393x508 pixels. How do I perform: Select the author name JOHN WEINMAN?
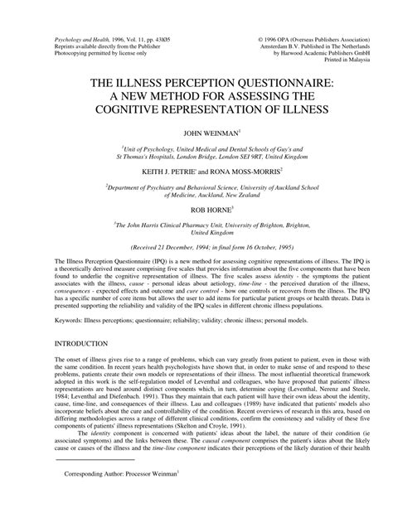coord(196,132)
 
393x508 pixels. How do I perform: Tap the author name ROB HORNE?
coord(196,210)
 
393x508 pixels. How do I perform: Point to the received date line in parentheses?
coord(196,246)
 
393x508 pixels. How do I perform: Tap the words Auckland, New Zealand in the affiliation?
coord(201,194)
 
